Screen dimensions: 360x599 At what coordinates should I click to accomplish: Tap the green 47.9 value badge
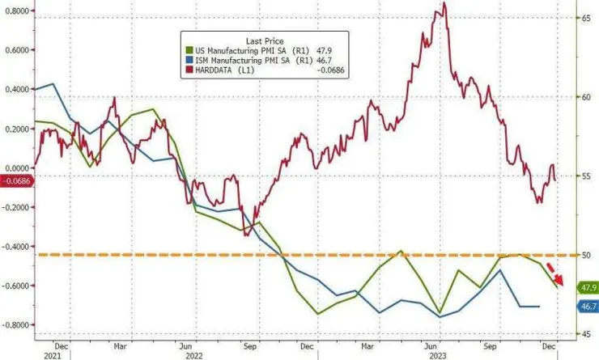588,287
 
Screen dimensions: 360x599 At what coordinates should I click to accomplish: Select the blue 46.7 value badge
588,307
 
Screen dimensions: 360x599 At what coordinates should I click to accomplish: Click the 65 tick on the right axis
582,17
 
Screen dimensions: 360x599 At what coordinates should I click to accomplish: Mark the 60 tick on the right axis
582,96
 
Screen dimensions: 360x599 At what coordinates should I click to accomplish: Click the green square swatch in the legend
188,49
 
